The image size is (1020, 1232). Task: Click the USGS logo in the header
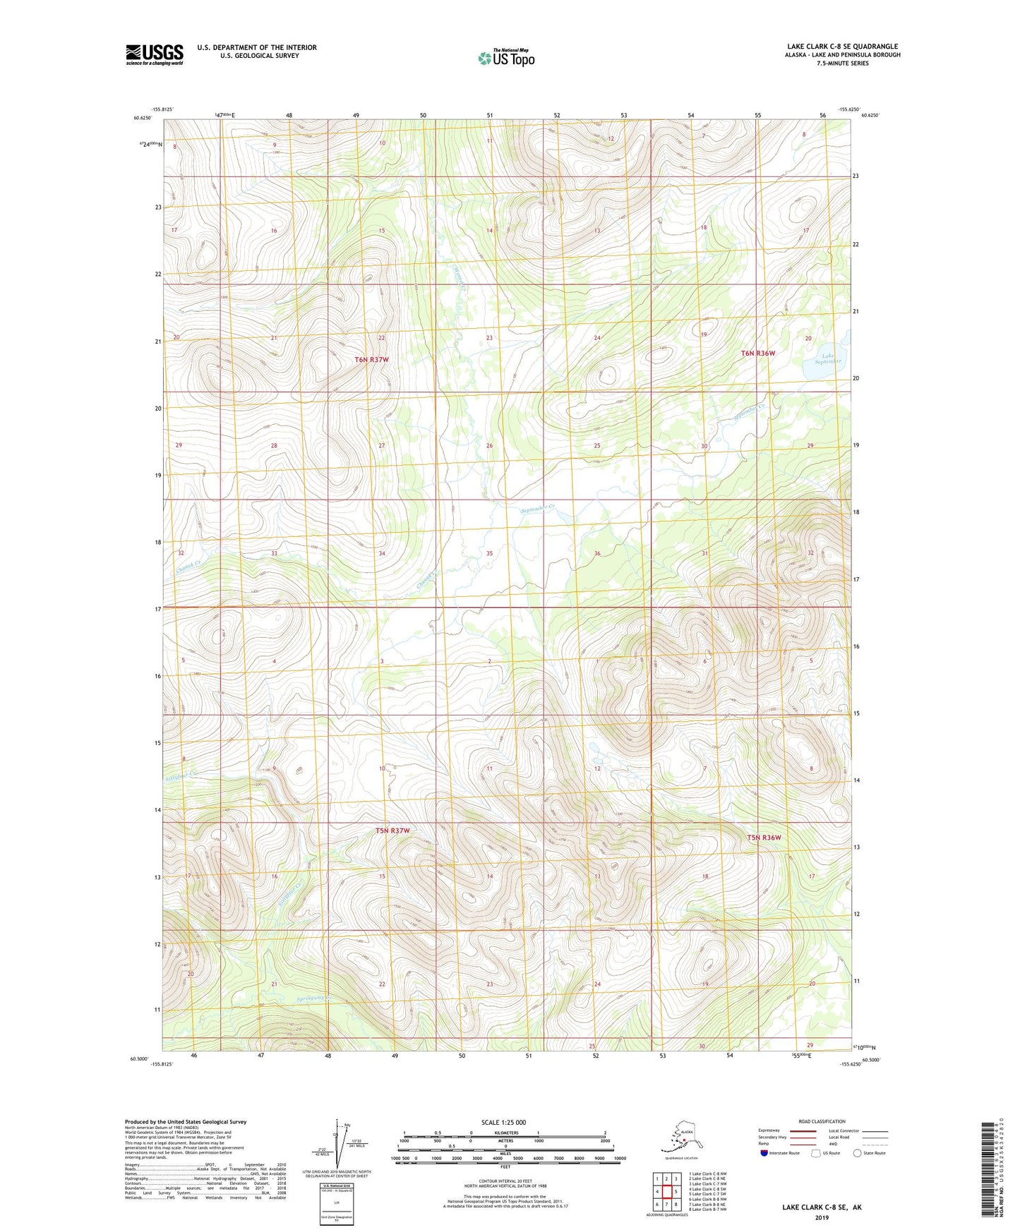pyautogui.click(x=154, y=54)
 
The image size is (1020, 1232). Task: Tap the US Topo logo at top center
pyautogui.click(x=505, y=58)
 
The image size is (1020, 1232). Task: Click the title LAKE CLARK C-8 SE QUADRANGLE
pyautogui.click(x=842, y=47)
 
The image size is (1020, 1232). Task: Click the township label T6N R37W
pyautogui.click(x=371, y=360)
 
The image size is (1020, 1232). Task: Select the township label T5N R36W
pyautogui.click(x=764, y=838)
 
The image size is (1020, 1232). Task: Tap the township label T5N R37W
pyautogui.click(x=392, y=831)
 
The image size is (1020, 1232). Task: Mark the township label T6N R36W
pyautogui.click(x=758, y=353)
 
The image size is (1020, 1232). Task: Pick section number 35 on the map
pyautogui.click(x=489, y=553)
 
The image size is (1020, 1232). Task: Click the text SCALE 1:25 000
pyautogui.click(x=503, y=1123)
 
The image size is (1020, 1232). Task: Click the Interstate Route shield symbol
pyautogui.click(x=764, y=1153)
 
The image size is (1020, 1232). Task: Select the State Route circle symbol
pyautogui.click(x=858, y=1153)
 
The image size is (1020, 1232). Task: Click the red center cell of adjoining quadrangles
pyautogui.click(x=666, y=1192)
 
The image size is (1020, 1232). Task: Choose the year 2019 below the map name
pyautogui.click(x=821, y=1217)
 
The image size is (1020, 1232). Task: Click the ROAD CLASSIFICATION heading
pyautogui.click(x=822, y=1121)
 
